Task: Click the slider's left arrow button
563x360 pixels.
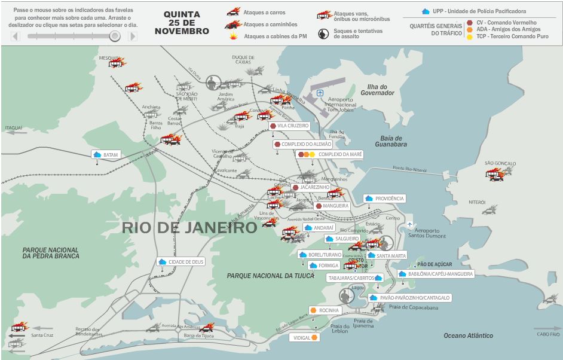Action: click(16, 36)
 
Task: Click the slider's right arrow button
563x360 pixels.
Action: click(132, 36)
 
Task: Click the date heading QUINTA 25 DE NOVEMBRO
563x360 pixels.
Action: click(186, 23)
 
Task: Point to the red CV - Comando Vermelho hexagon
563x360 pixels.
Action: click(470, 23)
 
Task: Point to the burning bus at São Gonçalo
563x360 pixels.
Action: click(495, 173)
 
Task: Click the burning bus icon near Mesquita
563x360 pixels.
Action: click(115, 63)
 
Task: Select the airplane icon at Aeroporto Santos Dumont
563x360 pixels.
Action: click(410, 224)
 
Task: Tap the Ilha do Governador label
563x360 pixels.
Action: click(377, 90)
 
